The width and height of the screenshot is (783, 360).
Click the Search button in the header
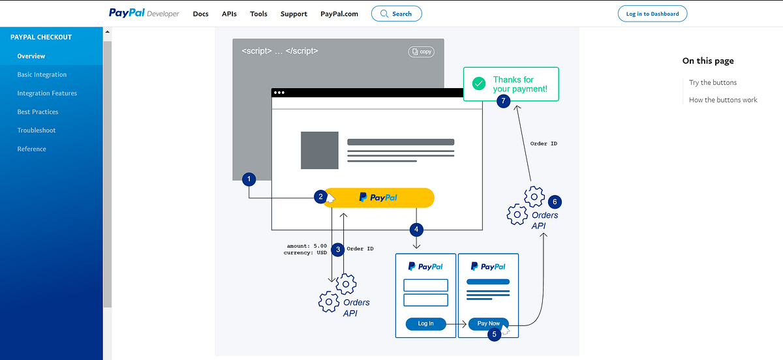click(396, 14)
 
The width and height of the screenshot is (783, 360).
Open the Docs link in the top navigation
click(201, 14)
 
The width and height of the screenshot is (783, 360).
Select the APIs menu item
click(229, 14)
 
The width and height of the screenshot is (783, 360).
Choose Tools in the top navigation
click(258, 14)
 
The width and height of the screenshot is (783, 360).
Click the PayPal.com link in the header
click(339, 14)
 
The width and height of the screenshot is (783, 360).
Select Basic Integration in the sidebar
click(42, 74)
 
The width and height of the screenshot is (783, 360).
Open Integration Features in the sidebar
click(47, 93)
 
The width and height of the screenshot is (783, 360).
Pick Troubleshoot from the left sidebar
click(37, 130)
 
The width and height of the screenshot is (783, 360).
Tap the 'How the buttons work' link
click(723, 100)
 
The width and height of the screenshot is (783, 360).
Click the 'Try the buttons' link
click(713, 82)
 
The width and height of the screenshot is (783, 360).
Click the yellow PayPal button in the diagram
click(378, 198)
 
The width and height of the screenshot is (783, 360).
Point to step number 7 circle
click(502, 101)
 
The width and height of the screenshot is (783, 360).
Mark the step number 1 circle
click(248, 179)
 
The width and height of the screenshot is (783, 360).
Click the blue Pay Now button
click(488, 323)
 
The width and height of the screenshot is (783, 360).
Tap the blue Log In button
click(425, 323)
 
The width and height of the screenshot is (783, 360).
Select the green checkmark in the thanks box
click(479, 83)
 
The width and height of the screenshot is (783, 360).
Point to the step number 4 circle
click(416, 230)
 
